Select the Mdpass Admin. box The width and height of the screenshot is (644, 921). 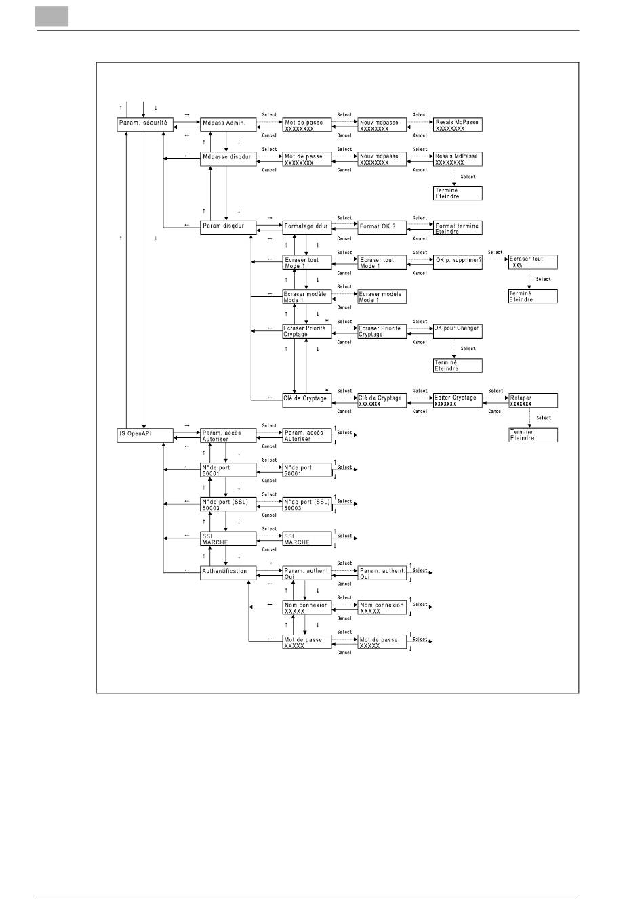click(x=228, y=123)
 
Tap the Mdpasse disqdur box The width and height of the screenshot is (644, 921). click(x=228, y=158)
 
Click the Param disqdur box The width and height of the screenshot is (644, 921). click(x=228, y=227)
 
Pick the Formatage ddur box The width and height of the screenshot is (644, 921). click(x=307, y=227)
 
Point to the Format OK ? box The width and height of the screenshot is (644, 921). click(x=382, y=227)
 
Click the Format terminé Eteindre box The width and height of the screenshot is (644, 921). click(x=458, y=228)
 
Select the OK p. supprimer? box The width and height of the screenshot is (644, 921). click(x=458, y=261)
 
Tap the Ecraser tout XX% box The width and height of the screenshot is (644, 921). click(x=533, y=262)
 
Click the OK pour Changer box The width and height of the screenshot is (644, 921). click(x=458, y=330)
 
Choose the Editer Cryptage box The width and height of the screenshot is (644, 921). click(x=458, y=400)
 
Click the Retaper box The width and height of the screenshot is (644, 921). click(x=533, y=400)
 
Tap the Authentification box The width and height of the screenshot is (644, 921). click(x=228, y=572)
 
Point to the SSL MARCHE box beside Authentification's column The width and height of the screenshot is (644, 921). click(x=228, y=539)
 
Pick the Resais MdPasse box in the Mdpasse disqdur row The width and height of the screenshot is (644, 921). click(x=458, y=159)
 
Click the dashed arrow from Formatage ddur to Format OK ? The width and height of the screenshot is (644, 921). click(x=344, y=223)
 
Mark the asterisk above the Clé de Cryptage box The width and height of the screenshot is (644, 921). click(x=327, y=390)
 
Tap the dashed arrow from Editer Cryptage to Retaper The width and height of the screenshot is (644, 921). click(x=496, y=397)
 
